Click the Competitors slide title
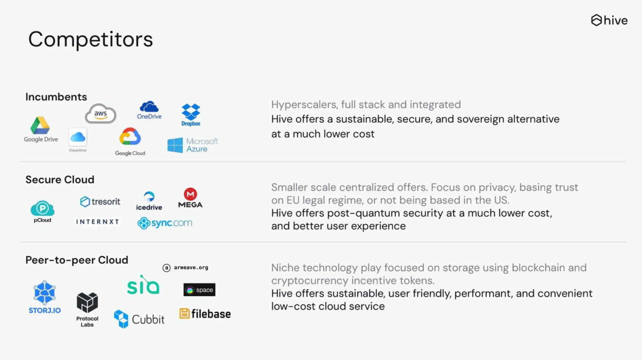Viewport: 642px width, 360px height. tap(91, 40)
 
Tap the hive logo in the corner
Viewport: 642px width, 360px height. tap(609, 20)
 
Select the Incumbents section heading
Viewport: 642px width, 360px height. tap(56, 97)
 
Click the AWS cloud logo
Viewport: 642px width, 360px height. tap(101, 114)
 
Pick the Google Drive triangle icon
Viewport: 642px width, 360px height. tap(40, 125)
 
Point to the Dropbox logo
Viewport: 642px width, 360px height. tap(191, 115)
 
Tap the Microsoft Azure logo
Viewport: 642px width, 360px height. tap(193, 145)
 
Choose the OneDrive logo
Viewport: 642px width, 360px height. tap(149, 110)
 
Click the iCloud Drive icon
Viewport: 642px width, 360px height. tap(78, 137)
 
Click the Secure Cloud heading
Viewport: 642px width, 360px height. tap(60, 180)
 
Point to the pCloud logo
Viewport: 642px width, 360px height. tap(42, 212)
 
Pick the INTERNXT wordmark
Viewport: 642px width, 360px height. tap(97, 222)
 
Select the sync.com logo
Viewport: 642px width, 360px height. tap(165, 223)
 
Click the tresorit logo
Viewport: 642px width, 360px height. tap(100, 201)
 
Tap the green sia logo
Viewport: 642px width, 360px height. tap(143, 285)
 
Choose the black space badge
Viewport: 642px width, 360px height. tap(199, 290)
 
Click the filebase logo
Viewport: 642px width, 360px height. tap(205, 314)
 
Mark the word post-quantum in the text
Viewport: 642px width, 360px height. tap(363, 213)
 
